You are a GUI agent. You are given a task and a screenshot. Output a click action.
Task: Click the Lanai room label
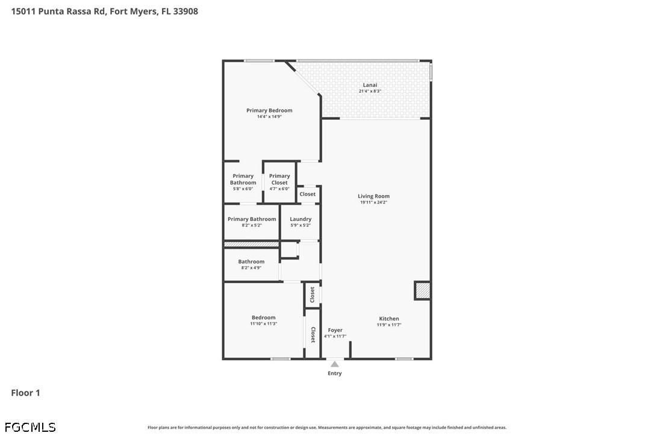[370, 85]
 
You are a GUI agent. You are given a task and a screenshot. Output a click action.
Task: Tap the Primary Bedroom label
[269, 111]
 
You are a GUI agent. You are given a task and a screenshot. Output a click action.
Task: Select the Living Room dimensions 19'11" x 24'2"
[374, 202]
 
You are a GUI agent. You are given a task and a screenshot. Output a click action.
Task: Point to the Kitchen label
[389, 319]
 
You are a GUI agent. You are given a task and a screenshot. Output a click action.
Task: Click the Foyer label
[335, 330]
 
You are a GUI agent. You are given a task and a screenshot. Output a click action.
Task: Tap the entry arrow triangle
[335, 364]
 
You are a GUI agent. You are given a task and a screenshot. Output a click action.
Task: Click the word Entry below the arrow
[335, 373]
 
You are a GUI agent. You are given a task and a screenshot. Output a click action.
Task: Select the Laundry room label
[301, 219]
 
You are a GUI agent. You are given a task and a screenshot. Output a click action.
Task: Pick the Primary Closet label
[279, 179]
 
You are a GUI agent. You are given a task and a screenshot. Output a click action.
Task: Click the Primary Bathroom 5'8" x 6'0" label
[243, 182]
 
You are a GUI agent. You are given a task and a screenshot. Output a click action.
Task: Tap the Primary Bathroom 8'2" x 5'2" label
[252, 222]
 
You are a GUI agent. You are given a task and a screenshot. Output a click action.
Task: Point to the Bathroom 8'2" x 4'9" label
[252, 264]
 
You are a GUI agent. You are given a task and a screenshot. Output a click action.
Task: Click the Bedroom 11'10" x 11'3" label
[264, 320]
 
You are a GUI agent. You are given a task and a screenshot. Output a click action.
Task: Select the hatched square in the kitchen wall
[423, 291]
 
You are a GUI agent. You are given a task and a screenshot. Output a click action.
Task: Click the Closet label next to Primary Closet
[308, 194]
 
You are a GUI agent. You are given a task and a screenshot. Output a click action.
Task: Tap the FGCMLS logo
[30, 427]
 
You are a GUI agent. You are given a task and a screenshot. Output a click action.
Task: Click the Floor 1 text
[25, 393]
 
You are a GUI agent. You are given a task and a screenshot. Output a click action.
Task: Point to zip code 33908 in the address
[185, 11]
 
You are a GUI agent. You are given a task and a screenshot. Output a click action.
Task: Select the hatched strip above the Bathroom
[252, 244]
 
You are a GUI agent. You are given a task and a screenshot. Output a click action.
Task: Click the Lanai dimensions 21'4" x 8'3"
[370, 91]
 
